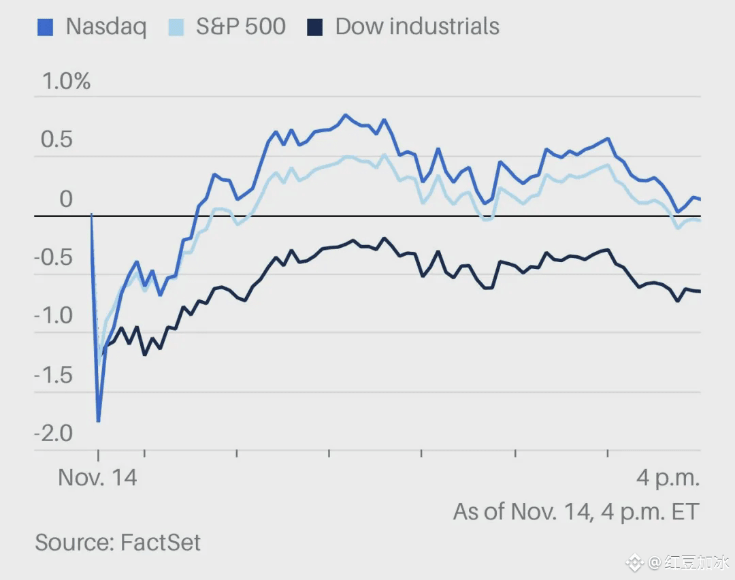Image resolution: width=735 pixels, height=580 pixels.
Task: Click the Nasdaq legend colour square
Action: coord(44,27)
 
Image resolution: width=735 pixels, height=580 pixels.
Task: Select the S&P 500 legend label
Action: coord(240,27)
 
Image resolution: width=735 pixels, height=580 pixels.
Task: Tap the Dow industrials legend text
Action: coord(417,27)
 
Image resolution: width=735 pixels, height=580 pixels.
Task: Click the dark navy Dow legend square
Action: coord(315,27)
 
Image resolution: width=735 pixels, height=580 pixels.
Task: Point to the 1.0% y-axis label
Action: coord(66,82)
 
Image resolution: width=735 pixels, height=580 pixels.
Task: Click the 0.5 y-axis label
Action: coord(56,140)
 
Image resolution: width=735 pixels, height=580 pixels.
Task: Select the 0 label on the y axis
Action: coord(65,199)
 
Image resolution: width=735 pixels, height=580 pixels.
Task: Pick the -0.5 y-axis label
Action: coord(53,258)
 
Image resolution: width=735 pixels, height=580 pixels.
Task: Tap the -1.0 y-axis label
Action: coord(53,317)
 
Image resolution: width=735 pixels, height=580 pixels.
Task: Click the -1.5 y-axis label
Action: coord(53,375)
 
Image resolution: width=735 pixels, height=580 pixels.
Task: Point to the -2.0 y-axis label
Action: coord(53,434)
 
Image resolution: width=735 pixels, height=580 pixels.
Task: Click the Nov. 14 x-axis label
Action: coord(97,477)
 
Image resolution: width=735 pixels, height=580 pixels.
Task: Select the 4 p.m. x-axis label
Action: coord(668,478)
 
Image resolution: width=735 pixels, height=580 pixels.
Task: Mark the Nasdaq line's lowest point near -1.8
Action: coord(99,421)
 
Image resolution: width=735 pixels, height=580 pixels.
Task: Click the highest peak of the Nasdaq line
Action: coord(345,115)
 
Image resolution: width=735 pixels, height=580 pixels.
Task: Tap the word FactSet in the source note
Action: coord(161,543)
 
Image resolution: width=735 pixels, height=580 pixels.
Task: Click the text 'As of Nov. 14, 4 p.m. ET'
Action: coord(576,511)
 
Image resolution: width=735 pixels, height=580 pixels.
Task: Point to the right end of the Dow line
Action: coord(700,291)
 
